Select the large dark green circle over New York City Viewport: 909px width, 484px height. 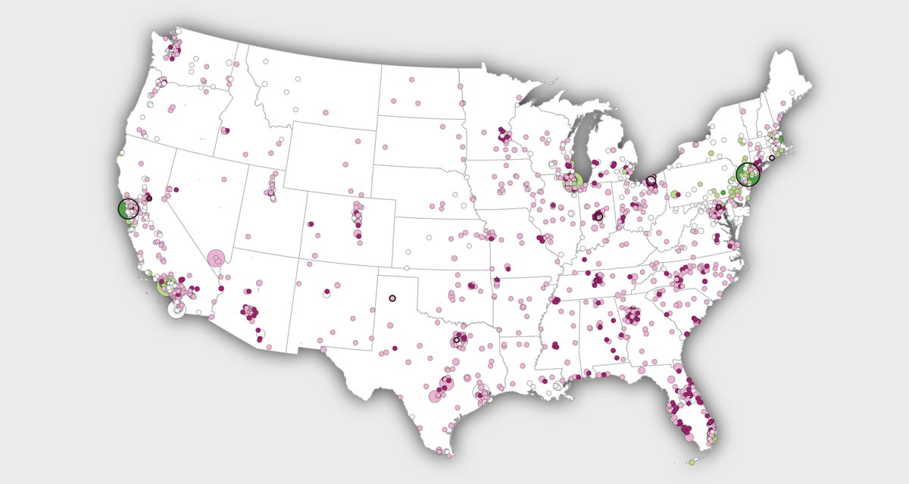click(x=748, y=174)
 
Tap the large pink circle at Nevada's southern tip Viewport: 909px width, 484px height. click(x=217, y=259)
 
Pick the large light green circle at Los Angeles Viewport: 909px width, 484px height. click(x=167, y=286)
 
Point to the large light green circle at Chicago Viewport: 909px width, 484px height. click(x=573, y=180)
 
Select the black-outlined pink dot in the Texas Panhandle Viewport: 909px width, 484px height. click(x=392, y=298)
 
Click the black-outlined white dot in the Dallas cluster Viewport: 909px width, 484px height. click(x=457, y=340)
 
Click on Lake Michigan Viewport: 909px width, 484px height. click(x=584, y=144)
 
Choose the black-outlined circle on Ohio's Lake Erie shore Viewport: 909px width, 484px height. click(x=651, y=181)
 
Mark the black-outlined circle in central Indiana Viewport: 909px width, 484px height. click(x=598, y=217)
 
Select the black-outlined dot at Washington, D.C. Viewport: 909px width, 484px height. click(x=719, y=207)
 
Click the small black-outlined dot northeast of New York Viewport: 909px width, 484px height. click(x=772, y=158)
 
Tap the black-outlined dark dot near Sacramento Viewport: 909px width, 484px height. click(x=149, y=198)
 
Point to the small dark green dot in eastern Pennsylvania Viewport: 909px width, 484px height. click(x=723, y=192)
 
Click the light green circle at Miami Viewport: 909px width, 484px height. click(x=714, y=438)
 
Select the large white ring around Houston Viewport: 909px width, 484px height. click(x=482, y=392)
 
